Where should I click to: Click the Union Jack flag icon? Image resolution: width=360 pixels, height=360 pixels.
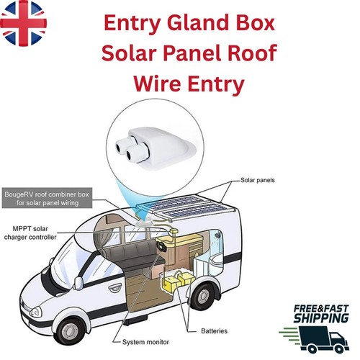23,23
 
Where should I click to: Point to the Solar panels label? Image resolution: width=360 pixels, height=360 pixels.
258,180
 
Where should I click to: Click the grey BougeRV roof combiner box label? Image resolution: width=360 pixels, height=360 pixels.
47,198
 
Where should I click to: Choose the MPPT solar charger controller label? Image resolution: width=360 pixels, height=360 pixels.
30,233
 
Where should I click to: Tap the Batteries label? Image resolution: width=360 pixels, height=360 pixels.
214,331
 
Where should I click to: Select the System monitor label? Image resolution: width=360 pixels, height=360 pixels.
145,342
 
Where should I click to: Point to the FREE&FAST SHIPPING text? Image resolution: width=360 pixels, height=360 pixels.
321,314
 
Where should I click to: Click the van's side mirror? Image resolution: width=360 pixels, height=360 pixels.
78,284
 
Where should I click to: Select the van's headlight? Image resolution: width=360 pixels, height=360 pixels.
35,312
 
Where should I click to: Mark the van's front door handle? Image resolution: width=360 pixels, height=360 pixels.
114,288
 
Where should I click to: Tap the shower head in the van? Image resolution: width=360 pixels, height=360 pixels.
217,235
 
